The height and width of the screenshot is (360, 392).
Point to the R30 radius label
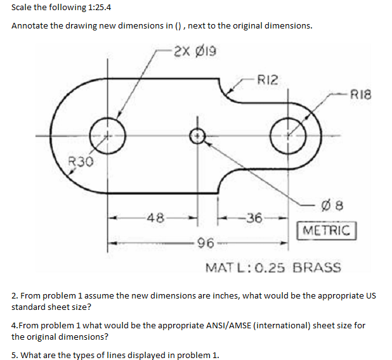pos(81,162)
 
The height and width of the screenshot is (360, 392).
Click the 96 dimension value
pos(205,241)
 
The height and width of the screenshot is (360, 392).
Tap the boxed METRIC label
pos(327,229)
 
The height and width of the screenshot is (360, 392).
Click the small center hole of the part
pos(198,135)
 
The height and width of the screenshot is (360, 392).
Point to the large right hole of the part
pos(289,135)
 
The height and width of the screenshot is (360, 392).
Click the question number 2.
pos(15,295)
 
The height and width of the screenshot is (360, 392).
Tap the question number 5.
pos(15,354)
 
